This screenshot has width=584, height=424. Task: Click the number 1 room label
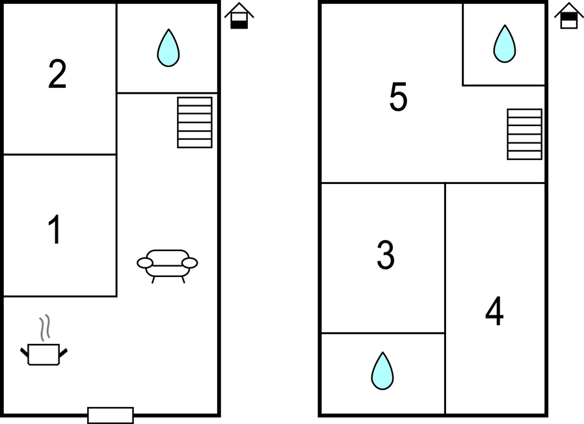tap(55, 230)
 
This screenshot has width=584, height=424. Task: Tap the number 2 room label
tap(57, 74)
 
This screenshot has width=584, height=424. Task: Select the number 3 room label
tap(386, 255)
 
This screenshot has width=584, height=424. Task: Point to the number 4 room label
tap(494, 311)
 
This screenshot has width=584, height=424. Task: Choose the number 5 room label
tap(398, 97)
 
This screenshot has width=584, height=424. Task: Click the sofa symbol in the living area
tap(167, 266)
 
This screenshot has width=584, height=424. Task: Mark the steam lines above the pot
tap(45, 328)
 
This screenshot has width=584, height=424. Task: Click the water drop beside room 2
tap(168, 47)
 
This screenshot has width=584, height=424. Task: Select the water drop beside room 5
tap(505, 44)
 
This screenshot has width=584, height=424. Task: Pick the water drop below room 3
tap(382, 371)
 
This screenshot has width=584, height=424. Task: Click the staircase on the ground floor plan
tap(195, 122)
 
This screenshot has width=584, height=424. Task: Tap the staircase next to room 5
tap(524, 134)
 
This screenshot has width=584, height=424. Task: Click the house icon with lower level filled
tap(239, 16)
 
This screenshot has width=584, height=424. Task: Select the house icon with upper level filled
tap(569, 15)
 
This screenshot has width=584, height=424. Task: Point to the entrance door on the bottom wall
tap(111, 415)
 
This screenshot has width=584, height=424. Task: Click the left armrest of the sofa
tap(145, 263)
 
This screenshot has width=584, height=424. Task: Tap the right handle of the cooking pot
tap(63, 353)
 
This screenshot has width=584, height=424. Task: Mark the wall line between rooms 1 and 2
tap(60, 154)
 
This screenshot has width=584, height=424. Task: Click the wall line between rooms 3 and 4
tap(445, 298)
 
